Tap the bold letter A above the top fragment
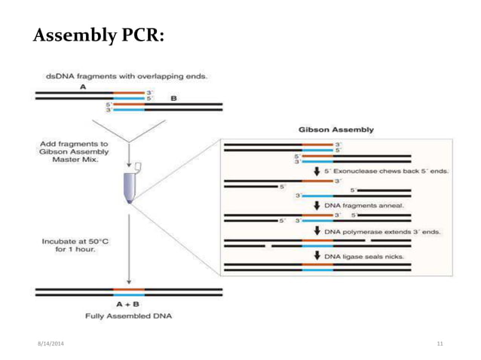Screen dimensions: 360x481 tap(82, 87)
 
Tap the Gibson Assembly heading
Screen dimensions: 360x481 tap(335, 130)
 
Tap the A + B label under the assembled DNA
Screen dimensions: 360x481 tap(128, 304)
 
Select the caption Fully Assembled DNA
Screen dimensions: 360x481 tap(128, 316)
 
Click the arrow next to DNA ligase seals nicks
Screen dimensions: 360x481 tap(317, 256)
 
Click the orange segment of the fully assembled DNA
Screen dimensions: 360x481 tap(128, 288)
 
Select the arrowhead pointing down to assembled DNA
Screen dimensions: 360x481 tap(129, 280)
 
